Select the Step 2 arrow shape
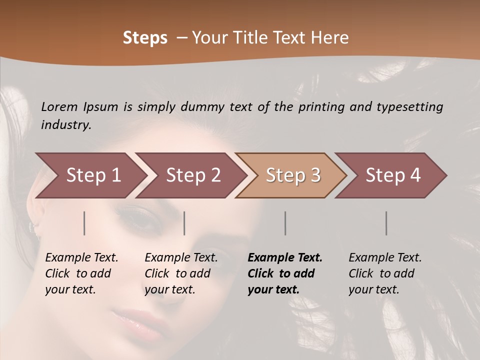tap(193, 175)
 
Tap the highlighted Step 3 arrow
tap(293, 175)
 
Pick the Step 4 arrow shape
tap(393, 175)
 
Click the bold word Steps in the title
tap(145, 38)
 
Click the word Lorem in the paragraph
tap(59, 106)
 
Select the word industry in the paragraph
tap(66, 125)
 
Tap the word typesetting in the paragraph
tap(409, 107)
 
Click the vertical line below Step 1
tap(84, 223)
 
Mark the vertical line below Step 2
tap(184, 223)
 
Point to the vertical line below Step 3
tap(285, 223)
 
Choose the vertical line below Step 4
tap(386, 223)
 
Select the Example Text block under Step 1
tap(81, 273)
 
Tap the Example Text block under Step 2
tap(181, 273)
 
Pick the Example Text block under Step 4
tap(385, 273)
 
